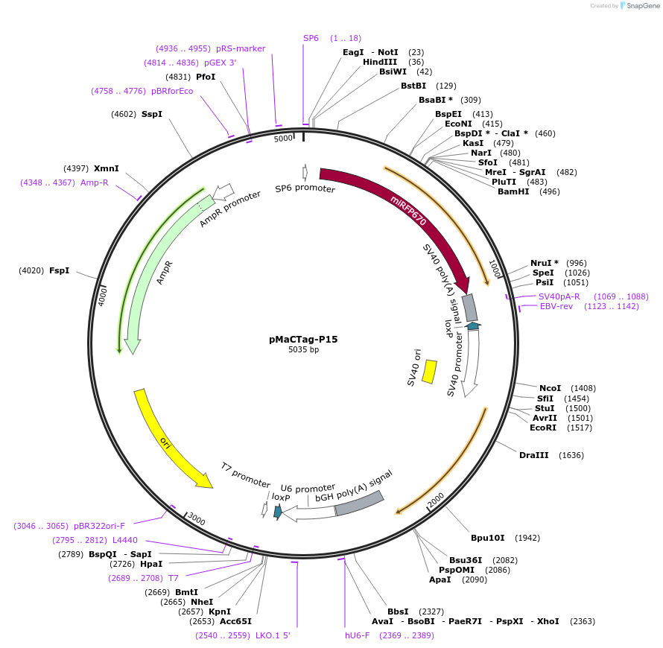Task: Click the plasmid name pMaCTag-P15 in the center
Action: pos(303,339)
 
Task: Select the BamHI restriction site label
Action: pos(513,191)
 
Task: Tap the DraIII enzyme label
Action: pos(533,455)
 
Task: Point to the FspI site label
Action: pos(59,270)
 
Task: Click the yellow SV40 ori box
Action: pos(429,372)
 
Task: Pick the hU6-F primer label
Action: pos(357,635)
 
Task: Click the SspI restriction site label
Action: pos(152,114)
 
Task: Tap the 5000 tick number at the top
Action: pos(283,139)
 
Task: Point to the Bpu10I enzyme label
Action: pos(487,538)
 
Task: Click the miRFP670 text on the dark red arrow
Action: pos(408,210)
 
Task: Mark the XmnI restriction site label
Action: pos(106,168)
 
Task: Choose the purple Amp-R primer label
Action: pos(95,182)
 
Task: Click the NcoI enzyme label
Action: pos(550,388)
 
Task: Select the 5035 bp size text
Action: pos(303,350)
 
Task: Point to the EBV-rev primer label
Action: pos(556,306)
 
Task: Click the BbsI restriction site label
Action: pos(397,612)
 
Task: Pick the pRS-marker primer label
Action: pos(241,48)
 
